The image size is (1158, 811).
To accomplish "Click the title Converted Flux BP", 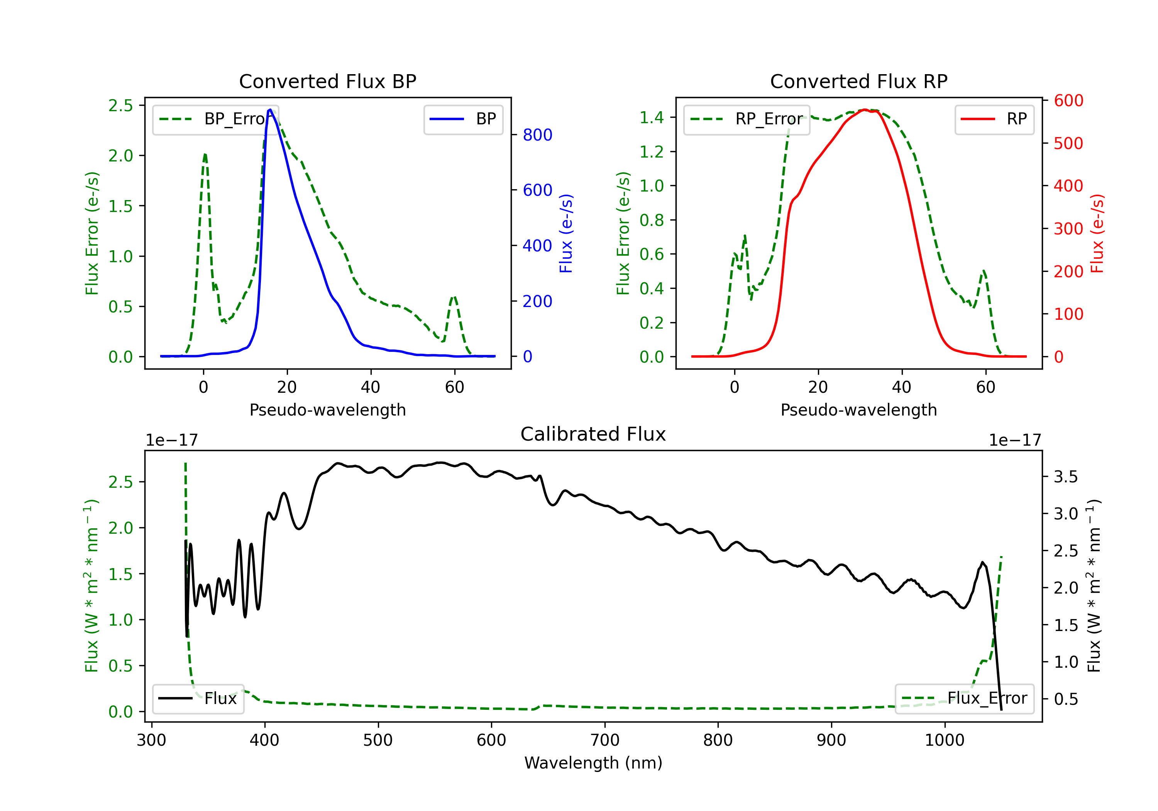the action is [328, 81].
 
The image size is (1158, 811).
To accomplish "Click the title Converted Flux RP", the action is [859, 81].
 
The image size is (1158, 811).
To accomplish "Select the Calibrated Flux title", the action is [593, 434].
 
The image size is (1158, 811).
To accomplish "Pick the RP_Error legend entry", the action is [747, 119].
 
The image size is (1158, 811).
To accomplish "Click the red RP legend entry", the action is [994, 119].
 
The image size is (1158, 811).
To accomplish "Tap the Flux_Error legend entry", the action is [964, 699].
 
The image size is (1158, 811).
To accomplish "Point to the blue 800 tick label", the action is [538, 135].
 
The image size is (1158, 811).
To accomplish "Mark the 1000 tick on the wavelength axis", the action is [945, 740].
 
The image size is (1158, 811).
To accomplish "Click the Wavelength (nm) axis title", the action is [593, 763].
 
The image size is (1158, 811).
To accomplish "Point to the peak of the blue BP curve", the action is [270, 110].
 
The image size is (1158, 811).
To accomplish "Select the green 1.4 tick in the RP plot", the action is [652, 117].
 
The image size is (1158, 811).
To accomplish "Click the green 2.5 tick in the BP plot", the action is [120, 105].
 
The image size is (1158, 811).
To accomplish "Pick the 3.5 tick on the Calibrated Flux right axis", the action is [1066, 477].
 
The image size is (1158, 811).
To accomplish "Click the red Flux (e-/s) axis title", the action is [1097, 233].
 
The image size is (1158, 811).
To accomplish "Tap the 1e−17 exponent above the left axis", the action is [172, 440].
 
